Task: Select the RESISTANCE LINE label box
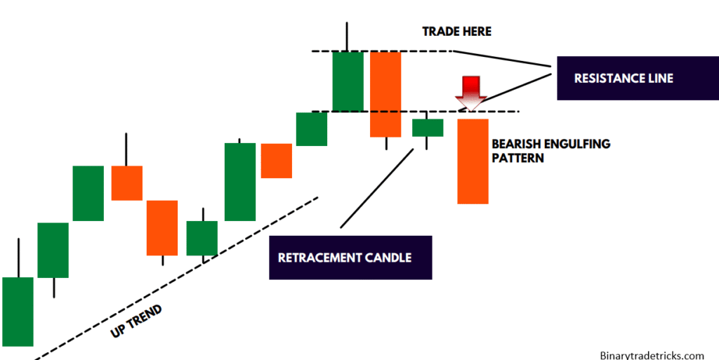pyautogui.click(x=623, y=78)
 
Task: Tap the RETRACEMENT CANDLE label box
pyautogui.click(x=350, y=258)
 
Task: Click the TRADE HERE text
pyautogui.click(x=456, y=32)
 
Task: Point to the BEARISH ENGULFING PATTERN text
pyautogui.click(x=550, y=151)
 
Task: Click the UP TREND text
pyautogui.click(x=136, y=321)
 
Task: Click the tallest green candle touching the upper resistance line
pyautogui.click(x=348, y=81)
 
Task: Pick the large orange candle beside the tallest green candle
pyautogui.click(x=385, y=94)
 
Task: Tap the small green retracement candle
pyautogui.click(x=427, y=127)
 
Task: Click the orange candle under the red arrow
pyautogui.click(x=473, y=161)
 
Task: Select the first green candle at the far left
pyautogui.click(x=18, y=311)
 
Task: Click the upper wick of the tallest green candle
pyautogui.click(x=347, y=36)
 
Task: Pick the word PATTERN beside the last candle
pyautogui.click(x=517, y=159)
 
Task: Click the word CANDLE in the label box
pyautogui.click(x=388, y=258)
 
